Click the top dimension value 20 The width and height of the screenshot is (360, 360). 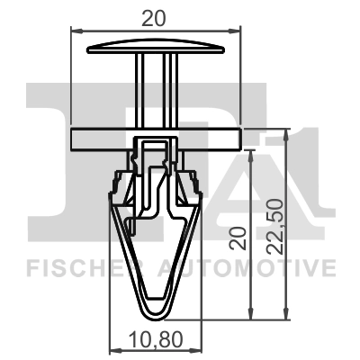(x=153, y=18)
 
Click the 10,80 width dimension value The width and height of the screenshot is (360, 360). (x=156, y=339)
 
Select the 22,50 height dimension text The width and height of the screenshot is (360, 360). (x=275, y=226)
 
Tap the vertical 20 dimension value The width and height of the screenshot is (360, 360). (x=238, y=238)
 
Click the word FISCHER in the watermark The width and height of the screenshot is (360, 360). (x=88, y=267)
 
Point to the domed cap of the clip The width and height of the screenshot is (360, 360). (x=156, y=47)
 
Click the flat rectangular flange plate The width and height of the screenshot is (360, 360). (x=156, y=139)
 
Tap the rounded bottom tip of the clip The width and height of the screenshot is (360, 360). (x=156, y=315)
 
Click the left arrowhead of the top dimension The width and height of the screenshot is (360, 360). (x=76, y=31)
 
